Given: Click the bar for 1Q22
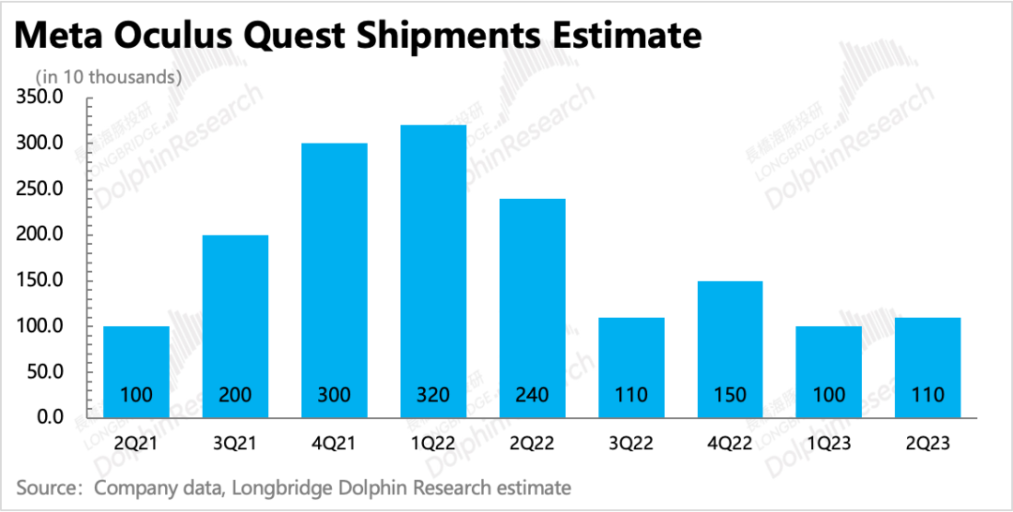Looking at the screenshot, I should coord(433,271).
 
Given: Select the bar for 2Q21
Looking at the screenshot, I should coord(136,371).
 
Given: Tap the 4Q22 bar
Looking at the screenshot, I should coord(730,349).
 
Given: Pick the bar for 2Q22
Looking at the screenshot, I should coord(532,308).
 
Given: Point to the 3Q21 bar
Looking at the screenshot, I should coord(235,325).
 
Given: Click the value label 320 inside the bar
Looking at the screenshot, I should coord(433,395).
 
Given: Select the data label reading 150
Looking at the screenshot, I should coord(730,395).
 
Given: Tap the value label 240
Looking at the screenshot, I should coord(532,395).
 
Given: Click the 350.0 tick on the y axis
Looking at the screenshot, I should coord(38,98).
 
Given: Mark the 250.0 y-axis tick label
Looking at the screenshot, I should coord(38,189).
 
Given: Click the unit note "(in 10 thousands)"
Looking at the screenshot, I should coord(108,77).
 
